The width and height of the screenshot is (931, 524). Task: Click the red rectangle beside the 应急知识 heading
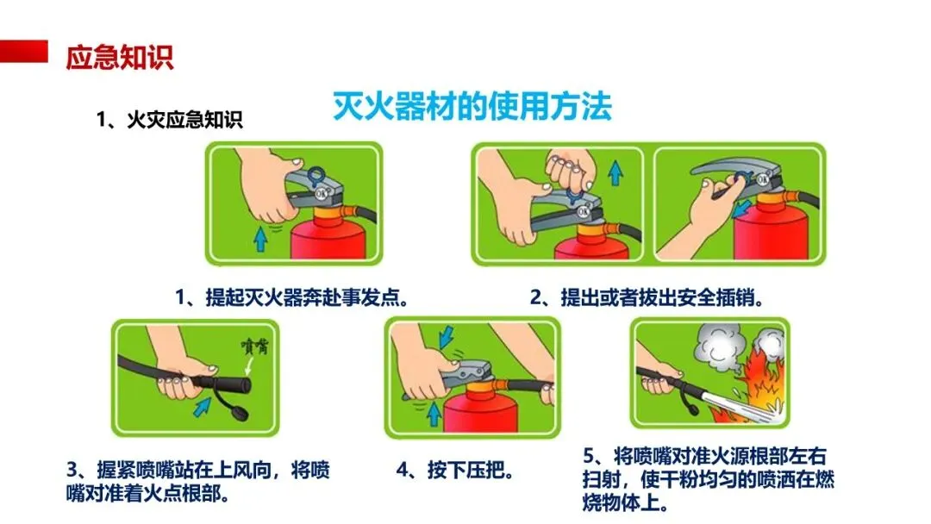pyautogui.click(x=24, y=51)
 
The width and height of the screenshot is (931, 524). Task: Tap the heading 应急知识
pyautogui.click(x=119, y=57)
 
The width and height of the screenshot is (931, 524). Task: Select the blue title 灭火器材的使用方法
pyautogui.click(x=472, y=107)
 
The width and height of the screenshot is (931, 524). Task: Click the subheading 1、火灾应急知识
pyautogui.click(x=170, y=119)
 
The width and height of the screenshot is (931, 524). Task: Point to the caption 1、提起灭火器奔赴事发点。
pyautogui.click(x=292, y=296)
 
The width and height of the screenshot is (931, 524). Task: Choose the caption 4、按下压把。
pyautogui.click(x=455, y=470)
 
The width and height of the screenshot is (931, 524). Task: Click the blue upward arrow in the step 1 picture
pyautogui.click(x=260, y=239)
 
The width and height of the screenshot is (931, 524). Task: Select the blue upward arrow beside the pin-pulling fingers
pyautogui.click(x=615, y=172)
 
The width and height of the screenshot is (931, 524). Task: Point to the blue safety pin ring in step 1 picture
pyautogui.click(x=316, y=176)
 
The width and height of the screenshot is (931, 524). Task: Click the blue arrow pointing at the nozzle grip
pyautogui.click(x=203, y=407)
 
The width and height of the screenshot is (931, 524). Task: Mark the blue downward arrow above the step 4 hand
pyautogui.click(x=446, y=336)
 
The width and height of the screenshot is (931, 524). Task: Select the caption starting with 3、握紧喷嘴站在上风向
pyautogui.click(x=197, y=481)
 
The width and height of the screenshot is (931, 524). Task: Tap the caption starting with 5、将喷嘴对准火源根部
pyautogui.click(x=709, y=479)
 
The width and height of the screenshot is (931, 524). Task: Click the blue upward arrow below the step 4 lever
pyautogui.click(x=434, y=413)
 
